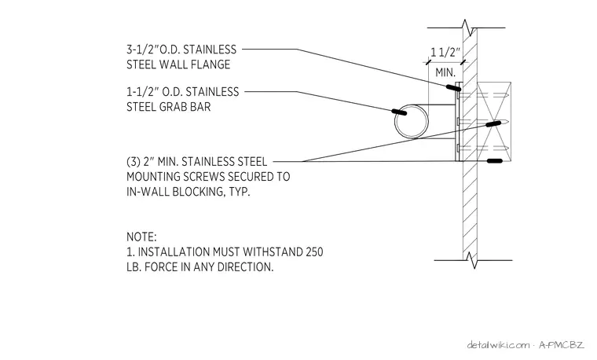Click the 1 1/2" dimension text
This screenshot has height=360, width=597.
445,52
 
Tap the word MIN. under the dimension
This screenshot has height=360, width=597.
445,72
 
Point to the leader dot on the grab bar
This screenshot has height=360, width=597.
399,112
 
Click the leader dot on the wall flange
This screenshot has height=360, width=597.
453,87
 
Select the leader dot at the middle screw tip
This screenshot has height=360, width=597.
493,124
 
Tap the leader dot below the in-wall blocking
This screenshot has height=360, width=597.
495,161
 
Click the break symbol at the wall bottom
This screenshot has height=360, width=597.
472,260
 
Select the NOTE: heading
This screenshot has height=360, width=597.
141,237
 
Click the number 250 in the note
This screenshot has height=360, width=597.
314,252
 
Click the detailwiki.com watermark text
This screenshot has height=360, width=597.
498,345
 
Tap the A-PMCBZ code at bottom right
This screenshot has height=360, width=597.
561,345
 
